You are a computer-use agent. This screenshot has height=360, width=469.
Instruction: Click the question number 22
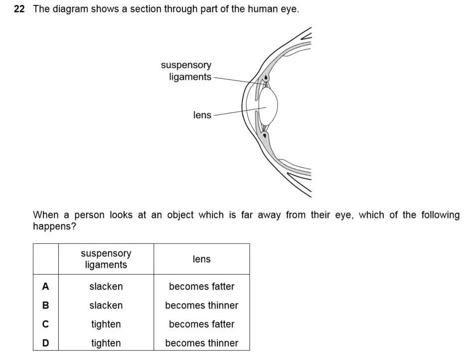click(19, 9)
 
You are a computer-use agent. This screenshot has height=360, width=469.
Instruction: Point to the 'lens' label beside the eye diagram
click(202, 115)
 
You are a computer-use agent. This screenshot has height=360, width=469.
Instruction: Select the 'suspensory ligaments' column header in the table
click(106, 259)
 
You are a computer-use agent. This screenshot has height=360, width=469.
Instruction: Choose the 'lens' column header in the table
click(201, 259)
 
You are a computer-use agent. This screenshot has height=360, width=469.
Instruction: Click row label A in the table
click(46, 286)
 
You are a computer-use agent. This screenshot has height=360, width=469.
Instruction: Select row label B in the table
click(46, 305)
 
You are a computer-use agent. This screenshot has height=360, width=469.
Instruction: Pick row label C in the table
click(46, 324)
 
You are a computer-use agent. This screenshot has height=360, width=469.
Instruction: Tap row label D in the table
click(46, 343)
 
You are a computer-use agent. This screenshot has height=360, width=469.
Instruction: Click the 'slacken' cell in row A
click(106, 286)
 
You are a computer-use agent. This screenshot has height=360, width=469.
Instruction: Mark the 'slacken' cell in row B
click(106, 305)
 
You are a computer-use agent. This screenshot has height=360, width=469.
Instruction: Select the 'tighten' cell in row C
click(106, 324)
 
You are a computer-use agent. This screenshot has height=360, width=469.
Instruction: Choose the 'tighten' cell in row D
click(106, 343)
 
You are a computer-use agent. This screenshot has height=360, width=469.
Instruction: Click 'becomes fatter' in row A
click(201, 286)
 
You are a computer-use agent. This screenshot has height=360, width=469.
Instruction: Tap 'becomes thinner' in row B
click(201, 305)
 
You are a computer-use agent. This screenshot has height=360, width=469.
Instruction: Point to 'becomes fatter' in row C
click(201, 324)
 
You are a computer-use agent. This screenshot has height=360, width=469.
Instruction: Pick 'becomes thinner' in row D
click(201, 343)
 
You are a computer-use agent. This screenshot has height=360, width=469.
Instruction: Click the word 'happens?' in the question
click(54, 226)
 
